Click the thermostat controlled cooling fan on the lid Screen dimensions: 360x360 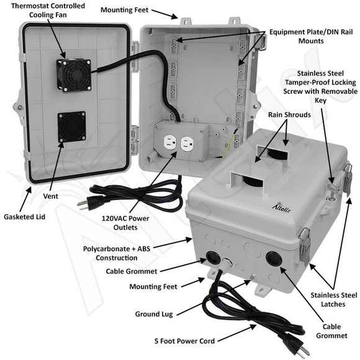[x=73, y=74]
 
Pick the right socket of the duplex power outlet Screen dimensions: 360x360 [x=187, y=145]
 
